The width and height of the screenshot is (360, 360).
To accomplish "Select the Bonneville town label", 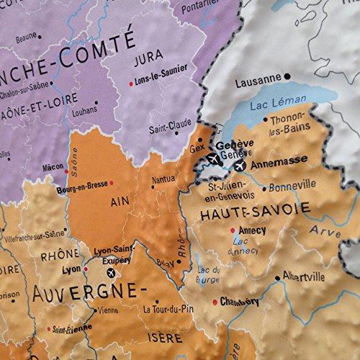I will [292, 186].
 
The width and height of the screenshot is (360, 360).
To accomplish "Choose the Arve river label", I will [325, 231].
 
